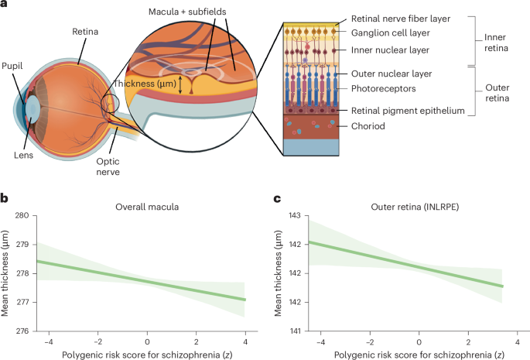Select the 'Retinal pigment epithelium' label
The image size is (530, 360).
(416, 111)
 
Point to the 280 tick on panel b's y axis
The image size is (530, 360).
(19, 215)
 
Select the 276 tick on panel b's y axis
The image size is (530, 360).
(19, 331)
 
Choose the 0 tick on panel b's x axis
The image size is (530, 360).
(146, 342)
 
